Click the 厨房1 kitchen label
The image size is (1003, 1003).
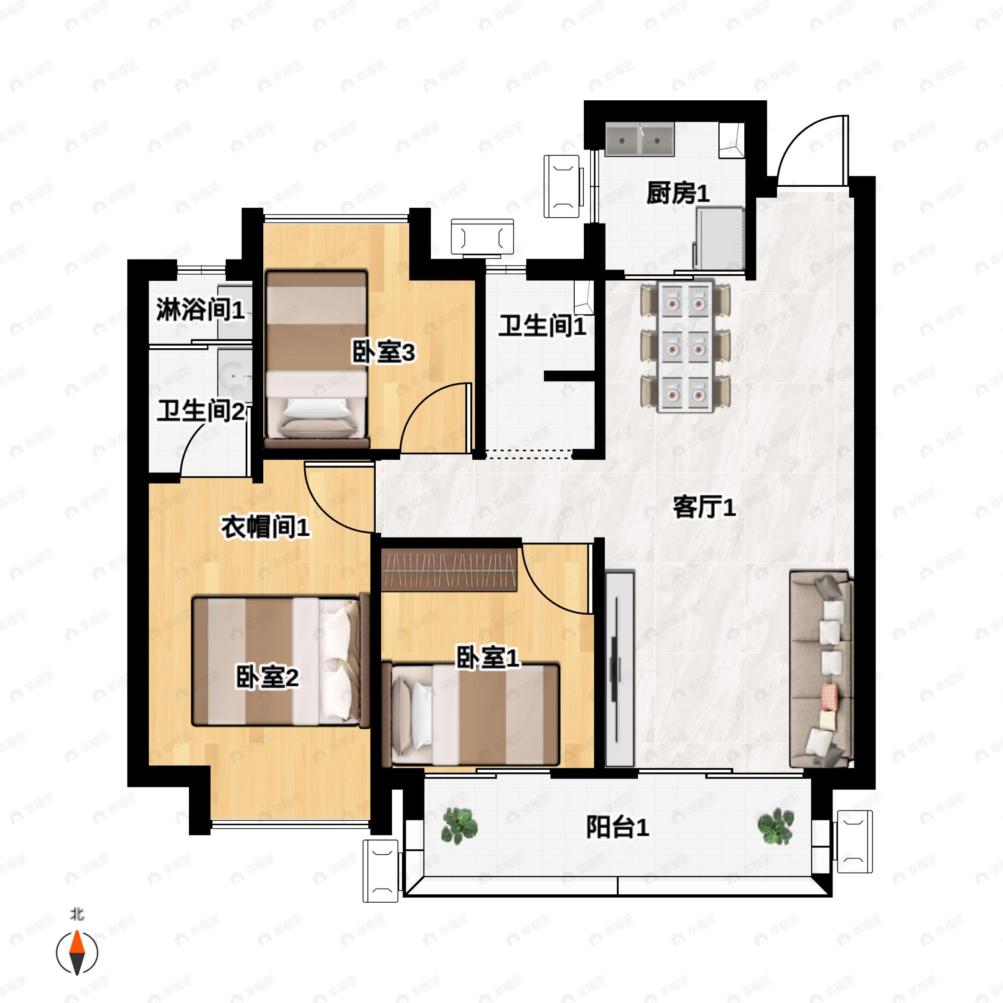(x=678, y=193)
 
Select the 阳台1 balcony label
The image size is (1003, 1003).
(x=617, y=827)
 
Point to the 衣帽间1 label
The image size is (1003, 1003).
(x=265, y=527)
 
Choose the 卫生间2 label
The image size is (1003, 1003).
(x=201, y=411)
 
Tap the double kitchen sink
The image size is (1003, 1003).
(x=639, y=140)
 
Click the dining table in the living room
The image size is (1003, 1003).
(x=686, y=347)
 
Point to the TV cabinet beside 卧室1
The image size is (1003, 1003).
(x=620, y=669)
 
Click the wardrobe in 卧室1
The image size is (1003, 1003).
(x=449, y=570)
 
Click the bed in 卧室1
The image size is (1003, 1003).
(x=470, y=714)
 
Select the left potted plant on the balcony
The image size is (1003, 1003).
(x=459, y=825)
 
